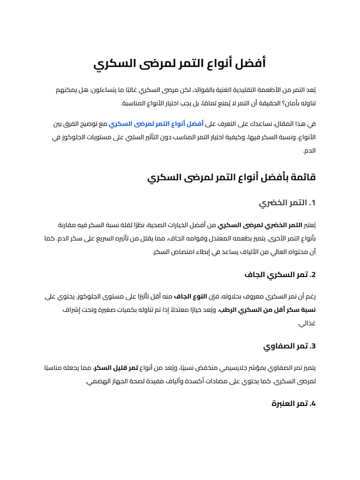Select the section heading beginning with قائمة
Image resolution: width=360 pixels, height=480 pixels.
click(232, 178)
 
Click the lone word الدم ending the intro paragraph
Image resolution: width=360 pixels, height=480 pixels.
click(309, 151)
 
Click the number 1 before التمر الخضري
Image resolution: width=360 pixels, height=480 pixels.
click(314, 203)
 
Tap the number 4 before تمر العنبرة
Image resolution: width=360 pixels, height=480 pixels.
click(314, 403)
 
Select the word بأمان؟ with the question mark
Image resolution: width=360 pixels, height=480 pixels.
click(296, 103)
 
